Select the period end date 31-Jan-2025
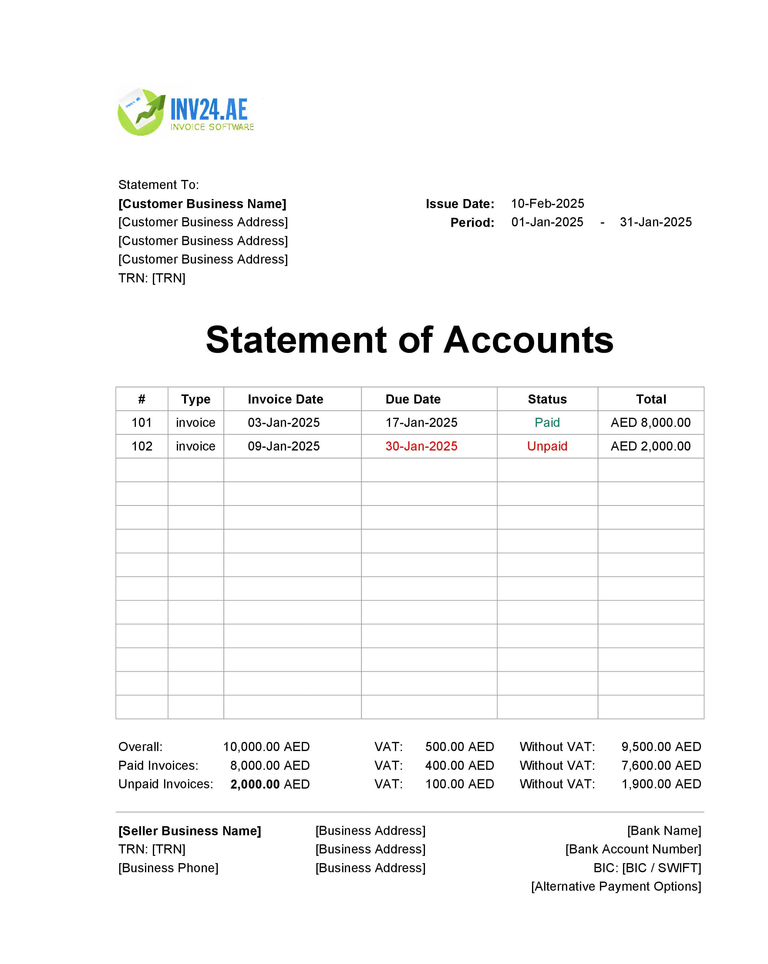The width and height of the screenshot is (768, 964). pos(655,222)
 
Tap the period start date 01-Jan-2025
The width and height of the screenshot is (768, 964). pos(547,222)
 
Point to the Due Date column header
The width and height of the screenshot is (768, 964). pos(413,399)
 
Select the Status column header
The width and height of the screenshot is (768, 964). pos(547,399)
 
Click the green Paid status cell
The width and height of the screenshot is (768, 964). pos(547,423)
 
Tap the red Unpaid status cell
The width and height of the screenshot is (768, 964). pos(547,446)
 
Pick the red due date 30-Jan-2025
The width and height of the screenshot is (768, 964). pos(421,446)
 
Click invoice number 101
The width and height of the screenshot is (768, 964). pos(141,423)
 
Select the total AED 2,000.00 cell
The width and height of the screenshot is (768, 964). pos(650,446)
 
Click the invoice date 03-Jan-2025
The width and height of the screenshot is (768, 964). pos(283,423)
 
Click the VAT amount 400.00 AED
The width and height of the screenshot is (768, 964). pos(459,766)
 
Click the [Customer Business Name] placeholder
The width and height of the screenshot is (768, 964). pos(202,204)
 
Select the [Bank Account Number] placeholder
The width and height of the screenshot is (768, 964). pos(633,849)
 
